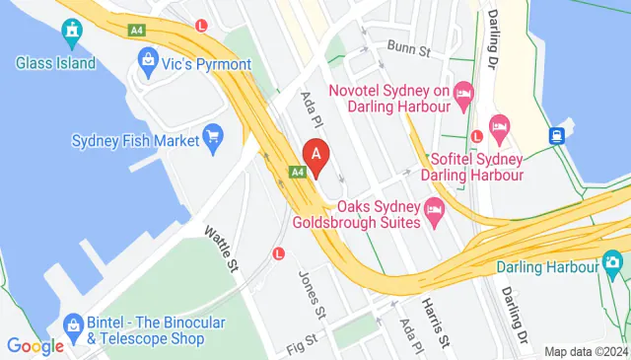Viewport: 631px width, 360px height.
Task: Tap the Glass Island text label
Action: click(x=56, y=63)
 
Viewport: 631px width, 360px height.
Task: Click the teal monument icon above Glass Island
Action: click(x=71, y=35)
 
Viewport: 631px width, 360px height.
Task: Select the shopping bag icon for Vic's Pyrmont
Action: click(x=149, y=61)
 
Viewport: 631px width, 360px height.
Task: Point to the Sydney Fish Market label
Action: click(x=134, y=140)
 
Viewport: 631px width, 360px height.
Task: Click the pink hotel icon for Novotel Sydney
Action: click(x=464, y=92)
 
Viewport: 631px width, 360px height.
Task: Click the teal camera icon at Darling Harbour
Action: click(x=612, y=263)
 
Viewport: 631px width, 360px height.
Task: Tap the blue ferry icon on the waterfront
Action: click(x=558, y=135)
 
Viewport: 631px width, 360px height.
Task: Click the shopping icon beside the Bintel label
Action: click(x=72, y=325)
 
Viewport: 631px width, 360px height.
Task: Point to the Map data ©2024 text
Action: click(x=586, y=351)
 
